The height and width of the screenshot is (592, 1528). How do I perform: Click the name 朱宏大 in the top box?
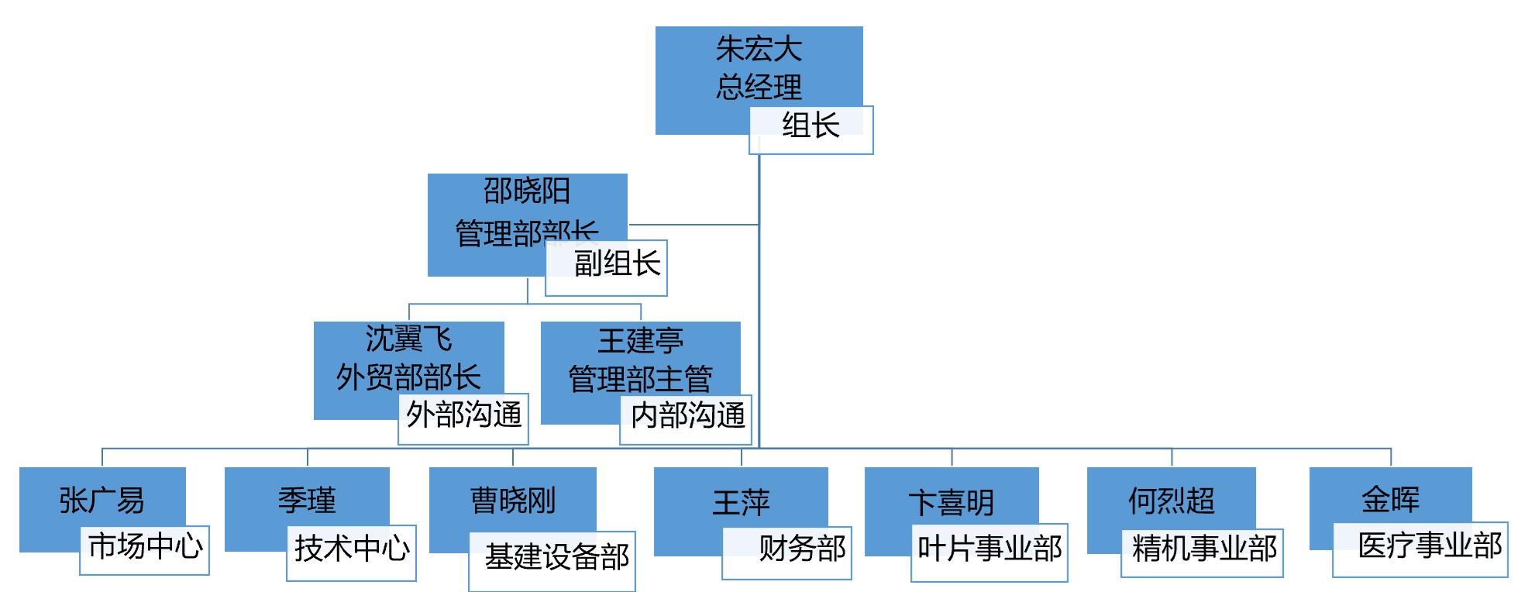tap(759, 50)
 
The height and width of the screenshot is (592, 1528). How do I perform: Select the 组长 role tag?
tap(810, 126)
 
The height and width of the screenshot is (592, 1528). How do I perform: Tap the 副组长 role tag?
tap(617, 264)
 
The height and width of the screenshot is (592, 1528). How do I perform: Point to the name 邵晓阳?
tap(527, 191)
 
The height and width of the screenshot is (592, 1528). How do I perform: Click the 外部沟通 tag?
tap(463, 415)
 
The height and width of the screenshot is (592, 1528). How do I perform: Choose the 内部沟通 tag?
tap(687, 416)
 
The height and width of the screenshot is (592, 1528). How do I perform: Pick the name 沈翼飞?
tap(408, 339)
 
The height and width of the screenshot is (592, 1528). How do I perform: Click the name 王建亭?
tap(640, 341)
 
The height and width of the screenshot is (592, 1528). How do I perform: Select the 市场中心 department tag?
tap(145, 547)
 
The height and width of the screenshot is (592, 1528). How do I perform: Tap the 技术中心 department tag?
tap(352, 549)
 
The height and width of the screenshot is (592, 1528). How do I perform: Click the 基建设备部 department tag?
tap(556, 557)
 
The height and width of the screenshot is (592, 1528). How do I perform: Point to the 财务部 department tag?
tap(801, 549)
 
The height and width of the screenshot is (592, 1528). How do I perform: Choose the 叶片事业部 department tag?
tap(989, 549)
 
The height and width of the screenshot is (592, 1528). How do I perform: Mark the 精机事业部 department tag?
tap(1203, 549)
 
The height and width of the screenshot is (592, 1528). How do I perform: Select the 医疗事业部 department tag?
tap(1430, 546)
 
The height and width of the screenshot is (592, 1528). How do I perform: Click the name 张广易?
tap(102, 501)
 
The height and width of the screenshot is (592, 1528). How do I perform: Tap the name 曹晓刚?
tap(513, 501)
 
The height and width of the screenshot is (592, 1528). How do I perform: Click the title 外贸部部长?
tap(408, 378)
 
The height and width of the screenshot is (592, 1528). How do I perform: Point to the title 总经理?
tap(759, 87)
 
